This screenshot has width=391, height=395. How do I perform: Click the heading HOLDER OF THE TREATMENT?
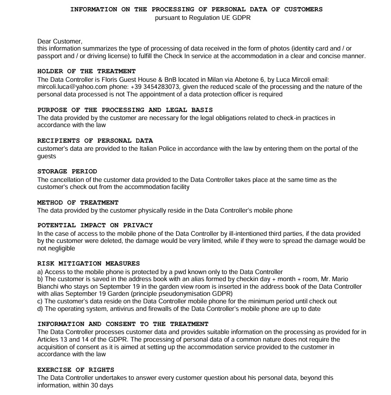[x=86, y=71]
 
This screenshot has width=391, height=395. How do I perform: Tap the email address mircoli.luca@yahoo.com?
[x=70, y=86]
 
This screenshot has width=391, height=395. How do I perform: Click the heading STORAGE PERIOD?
[x=67, y=172]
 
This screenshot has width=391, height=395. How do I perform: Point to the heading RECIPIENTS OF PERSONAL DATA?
[x=95, y=141]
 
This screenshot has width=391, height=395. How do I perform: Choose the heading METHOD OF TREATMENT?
[x=78, y=202]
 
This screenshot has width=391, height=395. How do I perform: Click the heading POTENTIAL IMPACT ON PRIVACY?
[x=95, y=225]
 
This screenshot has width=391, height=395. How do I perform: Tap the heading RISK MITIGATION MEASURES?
[x=89, y=264]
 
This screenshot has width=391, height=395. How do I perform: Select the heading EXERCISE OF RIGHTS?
[x=76, y=370]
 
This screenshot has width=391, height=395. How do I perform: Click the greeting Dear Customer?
[x=60, y=41]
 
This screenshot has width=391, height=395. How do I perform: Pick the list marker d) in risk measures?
[x=40, y=309]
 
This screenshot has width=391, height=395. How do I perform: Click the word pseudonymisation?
[x=180, y=293]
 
